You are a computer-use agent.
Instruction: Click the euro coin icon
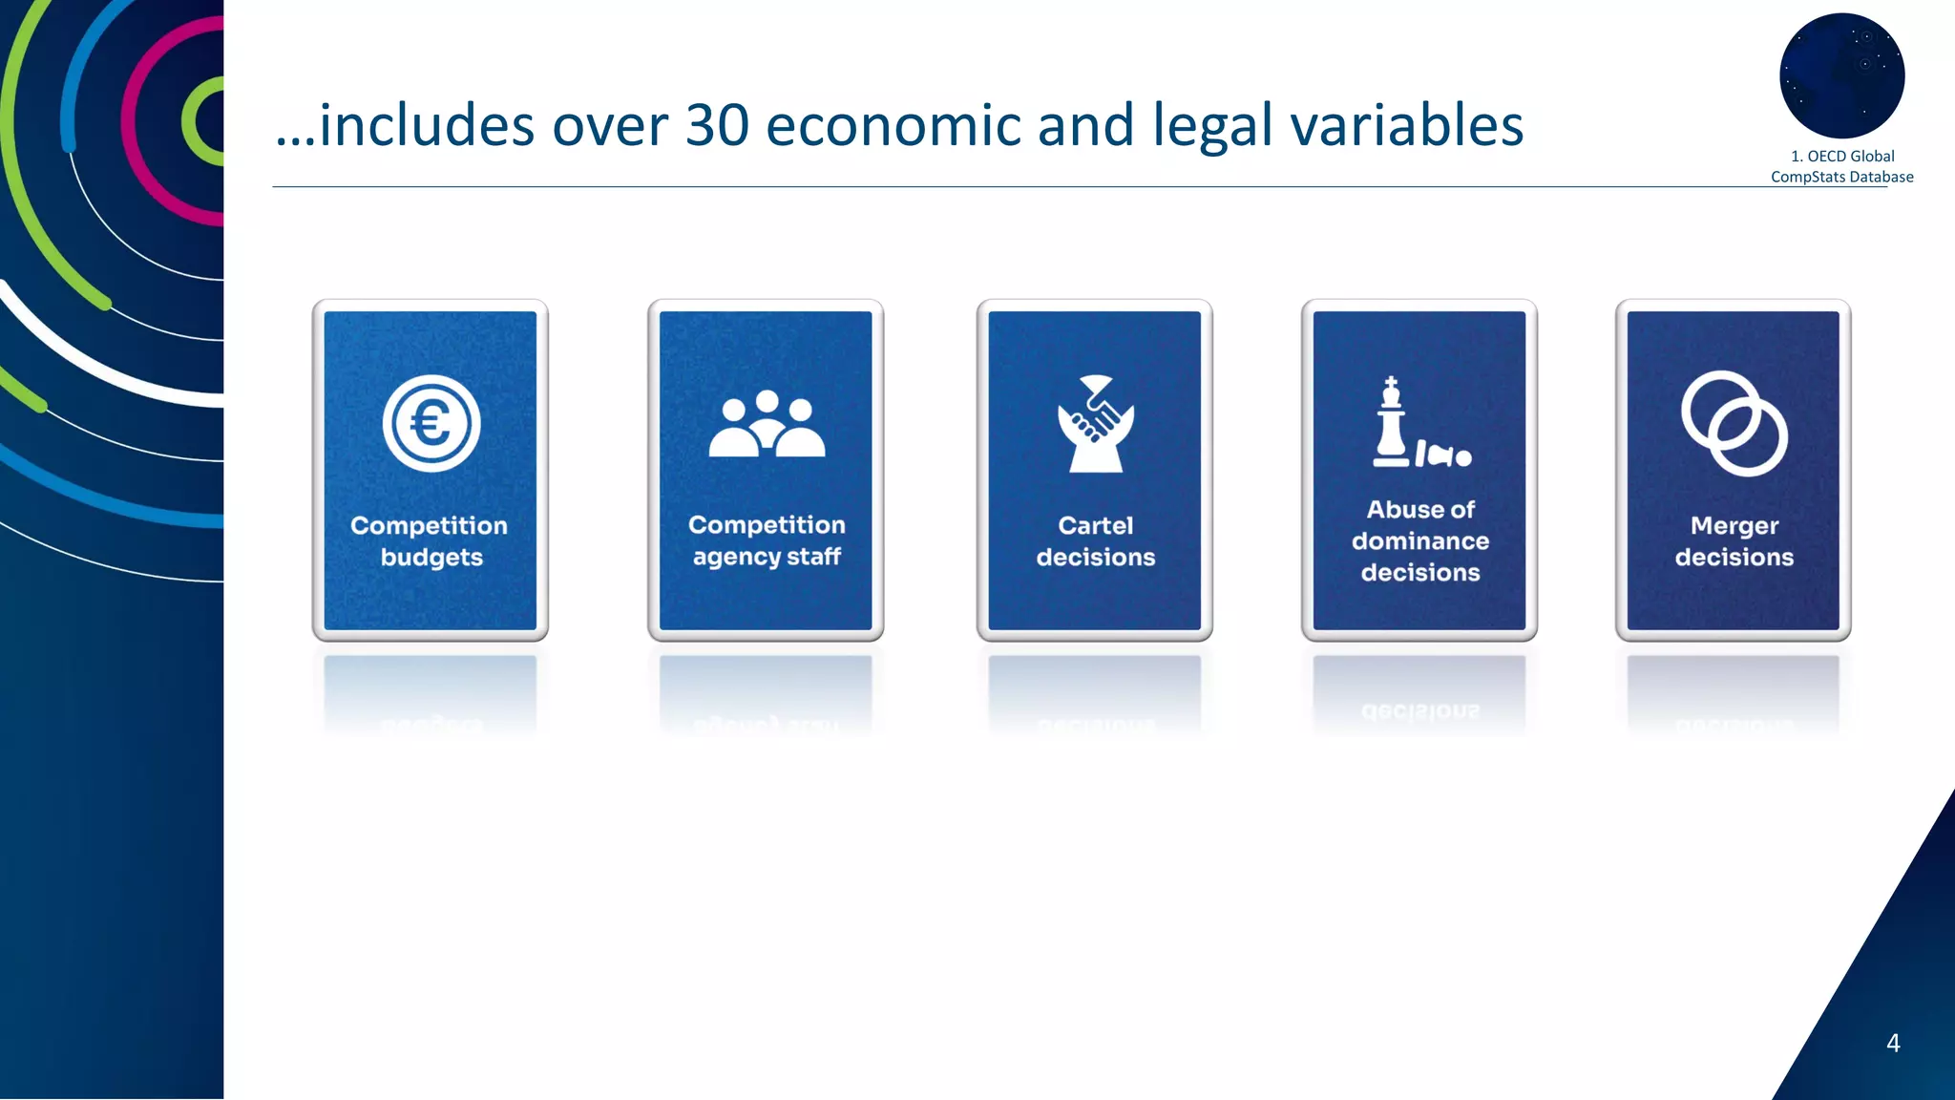431,423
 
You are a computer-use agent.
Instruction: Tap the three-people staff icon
767,424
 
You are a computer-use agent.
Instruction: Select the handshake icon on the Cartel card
1096,423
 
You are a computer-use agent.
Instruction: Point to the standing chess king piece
1391,421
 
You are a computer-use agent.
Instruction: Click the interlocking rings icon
1734,423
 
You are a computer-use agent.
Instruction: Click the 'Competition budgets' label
430,541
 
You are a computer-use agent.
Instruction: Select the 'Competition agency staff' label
767,540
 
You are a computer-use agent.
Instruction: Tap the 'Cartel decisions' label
1096,541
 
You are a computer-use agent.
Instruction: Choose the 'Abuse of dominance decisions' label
1420,540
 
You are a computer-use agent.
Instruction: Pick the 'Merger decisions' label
1734,541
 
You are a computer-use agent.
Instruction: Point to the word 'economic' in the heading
893,125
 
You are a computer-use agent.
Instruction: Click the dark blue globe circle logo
1841,75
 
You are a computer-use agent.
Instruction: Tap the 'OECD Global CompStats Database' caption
1841,166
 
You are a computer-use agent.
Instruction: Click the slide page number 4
1893,1043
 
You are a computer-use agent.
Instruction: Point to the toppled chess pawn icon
1443,455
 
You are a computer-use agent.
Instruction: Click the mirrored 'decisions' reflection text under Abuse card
1420,711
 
